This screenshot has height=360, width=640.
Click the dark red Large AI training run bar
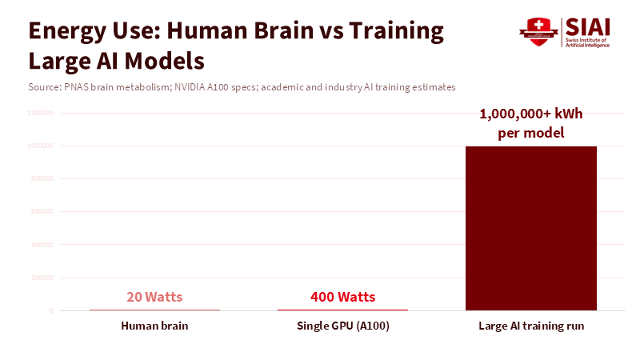531,228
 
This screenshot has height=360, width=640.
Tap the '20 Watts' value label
154,297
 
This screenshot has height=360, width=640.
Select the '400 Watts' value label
342,297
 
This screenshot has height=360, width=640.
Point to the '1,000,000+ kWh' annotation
531,114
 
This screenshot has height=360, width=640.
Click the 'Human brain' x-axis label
154,326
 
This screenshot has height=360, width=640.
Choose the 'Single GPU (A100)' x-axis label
342,326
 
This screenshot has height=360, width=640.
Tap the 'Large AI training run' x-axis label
531,326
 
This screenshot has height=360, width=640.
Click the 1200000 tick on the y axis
40,114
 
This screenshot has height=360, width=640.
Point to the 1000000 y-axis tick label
40,146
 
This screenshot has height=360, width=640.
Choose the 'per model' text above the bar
531,133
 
